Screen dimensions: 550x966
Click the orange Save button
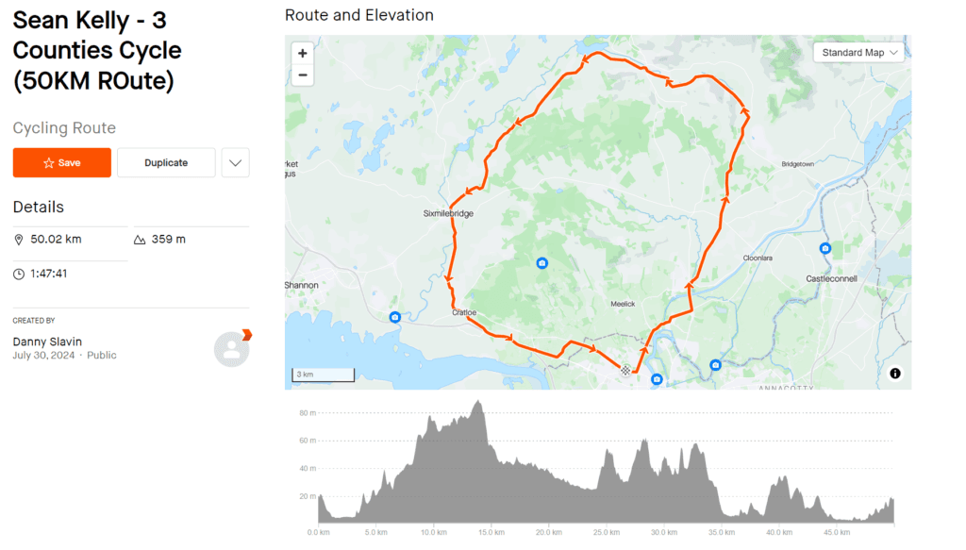pos(62,163)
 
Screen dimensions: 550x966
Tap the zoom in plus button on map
pos(302,53)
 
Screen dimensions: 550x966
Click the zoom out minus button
pos(302,75)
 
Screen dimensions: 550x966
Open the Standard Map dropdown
pos(858,53)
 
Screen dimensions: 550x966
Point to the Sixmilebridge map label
pos(448,214)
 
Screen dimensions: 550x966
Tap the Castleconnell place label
pos(832,278)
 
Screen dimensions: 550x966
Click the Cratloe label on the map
pos(464,312)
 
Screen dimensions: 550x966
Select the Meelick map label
pos(624,304)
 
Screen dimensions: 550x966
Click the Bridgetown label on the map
pos(798,164)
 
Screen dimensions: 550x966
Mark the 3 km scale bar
pos(323,375)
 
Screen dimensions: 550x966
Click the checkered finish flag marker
pos(625,371)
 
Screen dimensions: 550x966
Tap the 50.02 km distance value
pos(56,240)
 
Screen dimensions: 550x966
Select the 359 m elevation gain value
pos(168,240)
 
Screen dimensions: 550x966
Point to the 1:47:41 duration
pos(49,274)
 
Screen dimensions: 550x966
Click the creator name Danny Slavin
pos(47,341)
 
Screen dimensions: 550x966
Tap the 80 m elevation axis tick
pos(308,413)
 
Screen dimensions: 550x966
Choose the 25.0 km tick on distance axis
pos(606,532)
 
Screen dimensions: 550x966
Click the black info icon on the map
pos(894,374)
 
